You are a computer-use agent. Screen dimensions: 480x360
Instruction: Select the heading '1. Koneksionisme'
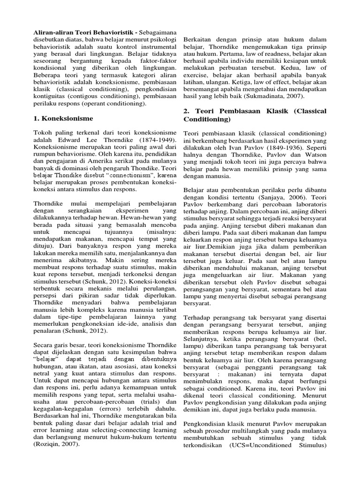pos(63,118)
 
